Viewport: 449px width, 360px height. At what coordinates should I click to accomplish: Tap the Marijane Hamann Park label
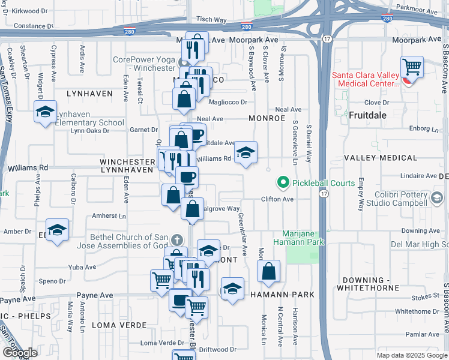(x=303, y=238)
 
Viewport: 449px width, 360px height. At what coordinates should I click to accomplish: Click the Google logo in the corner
(x=20, y=353)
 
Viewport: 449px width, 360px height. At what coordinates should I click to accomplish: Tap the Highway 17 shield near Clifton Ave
(x=325, y=194)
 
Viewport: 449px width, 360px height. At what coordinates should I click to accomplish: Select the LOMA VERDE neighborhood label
(x=119, y=325)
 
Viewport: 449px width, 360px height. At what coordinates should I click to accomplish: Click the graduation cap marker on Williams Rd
(x=246, y=154)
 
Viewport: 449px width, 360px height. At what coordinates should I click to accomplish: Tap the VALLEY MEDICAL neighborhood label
(x=380, y=158)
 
